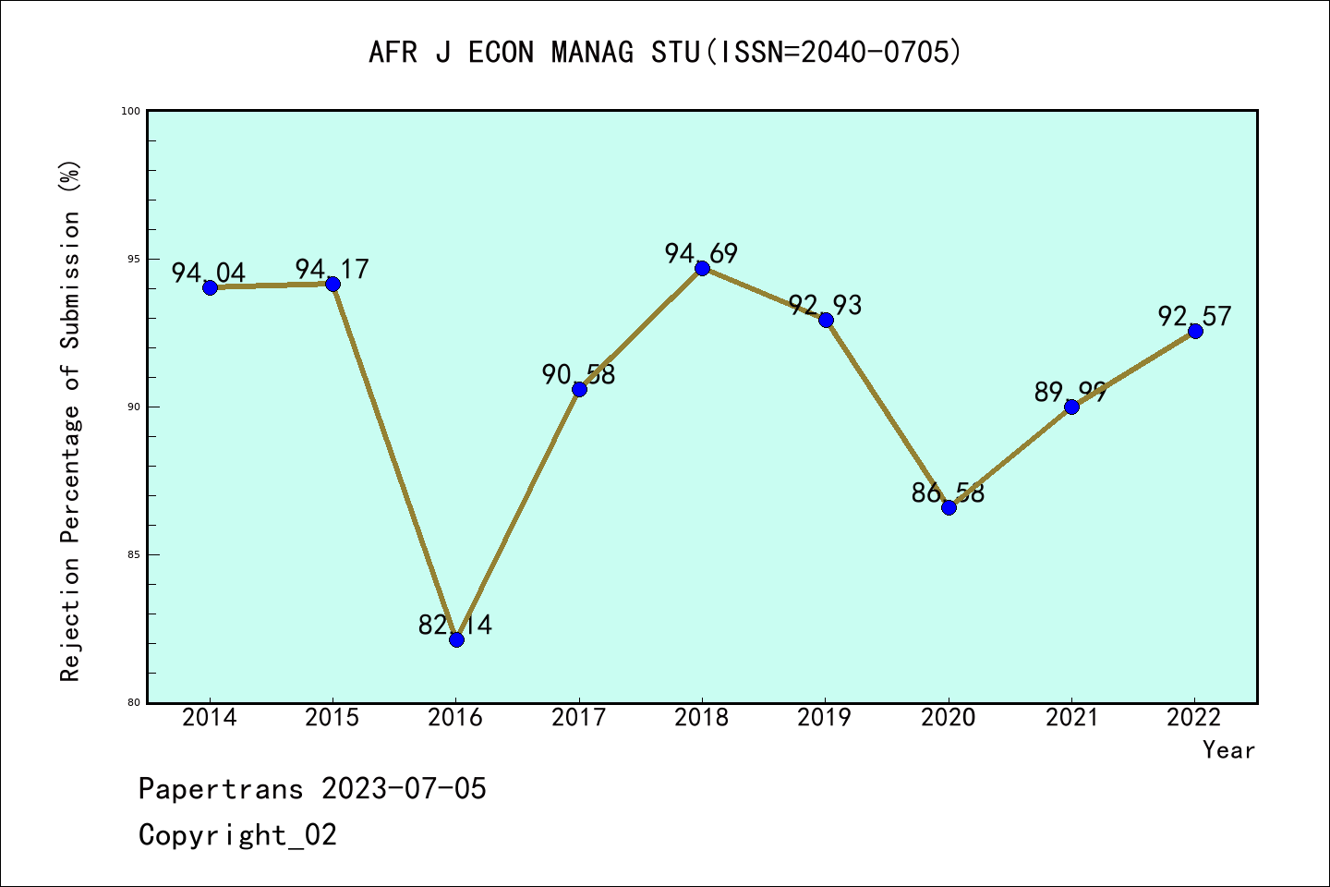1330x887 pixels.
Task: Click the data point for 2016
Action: click(x=456, y=639)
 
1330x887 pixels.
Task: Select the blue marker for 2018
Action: click(x=702, y=268)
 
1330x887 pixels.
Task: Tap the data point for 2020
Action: click(x=949, y=507)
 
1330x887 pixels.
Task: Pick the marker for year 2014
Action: click(x=210, y=287)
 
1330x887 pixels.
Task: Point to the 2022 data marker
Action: click(x=1195, y=331)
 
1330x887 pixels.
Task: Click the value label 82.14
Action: click(x=455, y=626)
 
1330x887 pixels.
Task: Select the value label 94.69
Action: click(x=701, y=253)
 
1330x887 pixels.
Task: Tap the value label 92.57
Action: click(x=1194, y=316)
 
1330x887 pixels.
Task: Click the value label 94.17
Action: click(x=332, y=269)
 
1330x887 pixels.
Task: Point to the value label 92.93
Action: click(x=825, y=305)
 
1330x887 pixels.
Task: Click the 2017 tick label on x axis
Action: click(x=579, y=718)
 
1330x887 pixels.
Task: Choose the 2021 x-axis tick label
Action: click(x=1071, y=718)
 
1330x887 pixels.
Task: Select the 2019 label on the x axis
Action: click(x=825, y=718)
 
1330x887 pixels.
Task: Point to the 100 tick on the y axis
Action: click(x=130, y=111)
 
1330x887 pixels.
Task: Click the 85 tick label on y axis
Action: click(x=132, y=554)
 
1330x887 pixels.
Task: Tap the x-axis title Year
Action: click(x=1228, y=750)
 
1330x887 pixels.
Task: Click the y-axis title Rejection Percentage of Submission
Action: click(x=70, y=420)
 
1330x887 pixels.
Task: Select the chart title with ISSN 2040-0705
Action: click(x=665, y=52)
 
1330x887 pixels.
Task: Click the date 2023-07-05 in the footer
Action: click(x=404, y=789)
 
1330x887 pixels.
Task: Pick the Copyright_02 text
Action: click(x=237, y=835)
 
